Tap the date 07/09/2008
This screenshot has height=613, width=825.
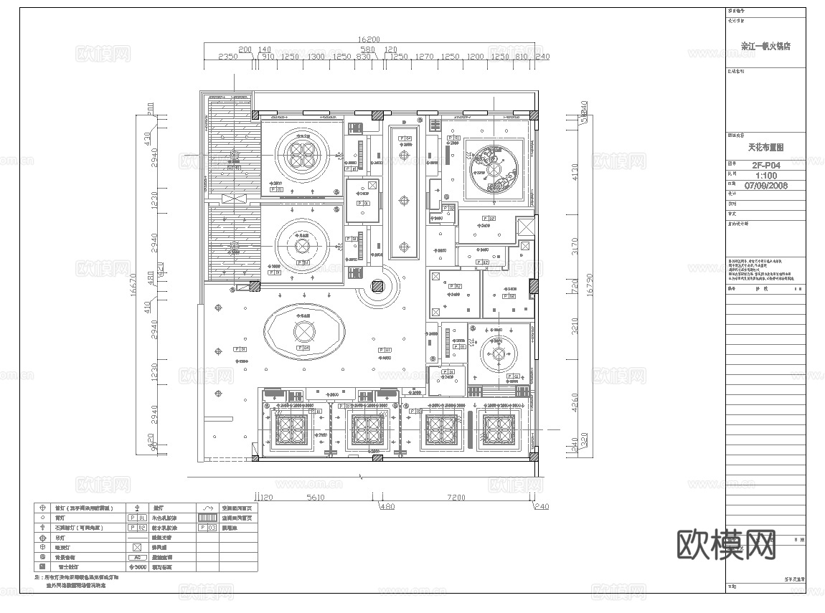(x=765, y=185)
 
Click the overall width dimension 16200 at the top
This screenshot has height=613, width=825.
(x=368, y=40)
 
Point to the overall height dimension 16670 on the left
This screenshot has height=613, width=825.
(x=136, y=283)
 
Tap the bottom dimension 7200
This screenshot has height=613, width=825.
(x=456, y=497)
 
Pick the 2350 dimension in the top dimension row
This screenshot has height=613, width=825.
(x=227, y=56)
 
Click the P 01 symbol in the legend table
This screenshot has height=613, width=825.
(x=136, y=517)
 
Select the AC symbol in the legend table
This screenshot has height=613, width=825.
(x=136, y=557)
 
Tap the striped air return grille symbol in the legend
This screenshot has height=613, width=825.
(x=207, y=517)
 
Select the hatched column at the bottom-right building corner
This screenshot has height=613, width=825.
(x=534, y=455)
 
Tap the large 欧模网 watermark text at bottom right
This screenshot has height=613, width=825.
(x=726, y=546)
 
